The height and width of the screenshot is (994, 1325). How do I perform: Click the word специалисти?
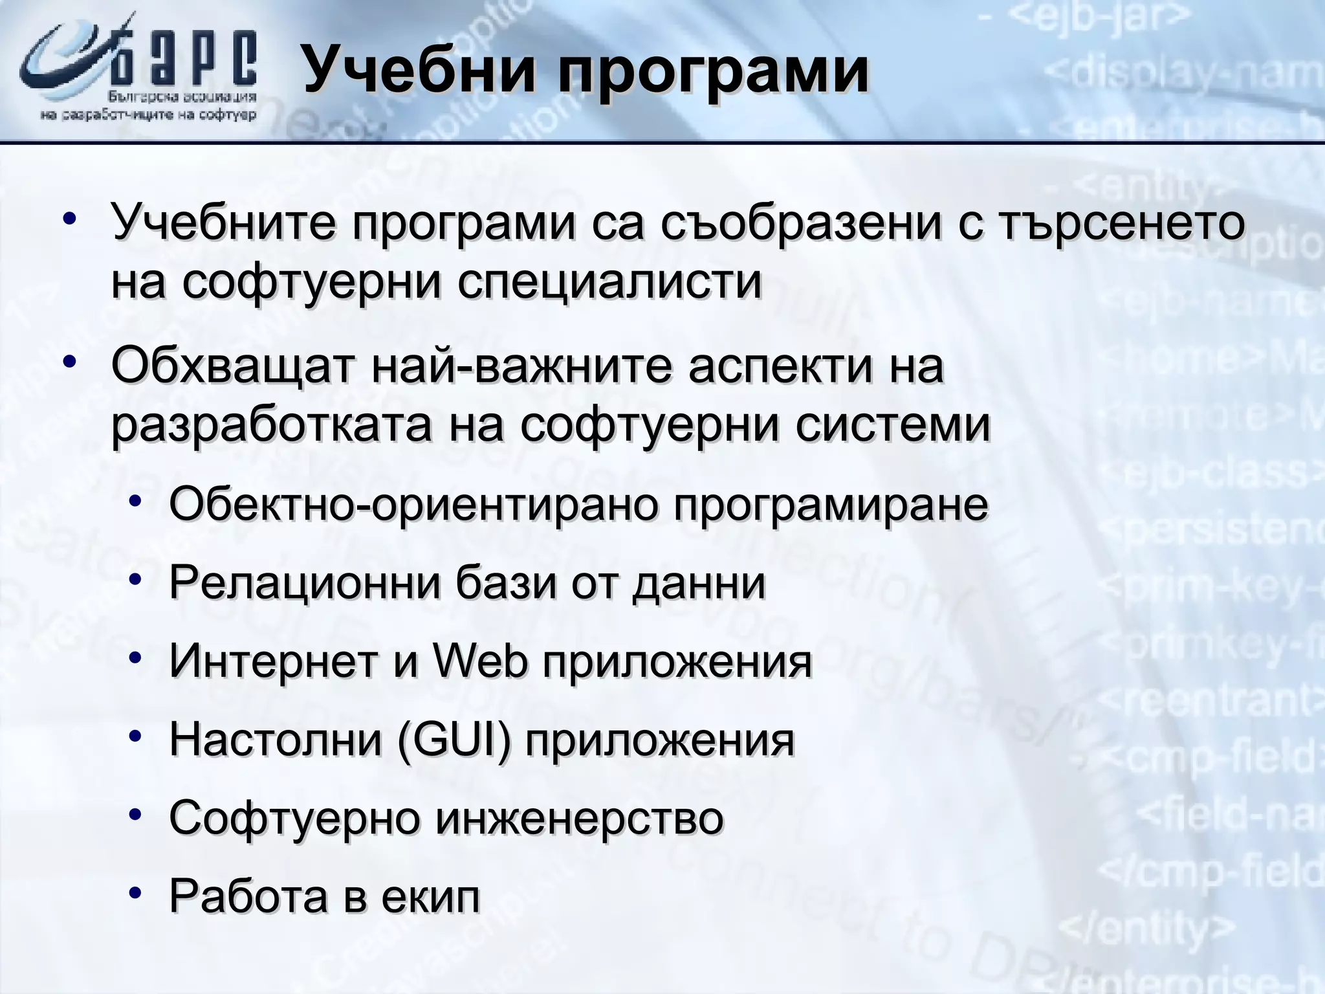609,282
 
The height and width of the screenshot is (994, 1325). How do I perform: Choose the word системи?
893,425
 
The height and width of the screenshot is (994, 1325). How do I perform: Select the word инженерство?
578,818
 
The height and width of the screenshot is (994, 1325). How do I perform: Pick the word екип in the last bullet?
431,896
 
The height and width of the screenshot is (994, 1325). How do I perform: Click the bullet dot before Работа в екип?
134,894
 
